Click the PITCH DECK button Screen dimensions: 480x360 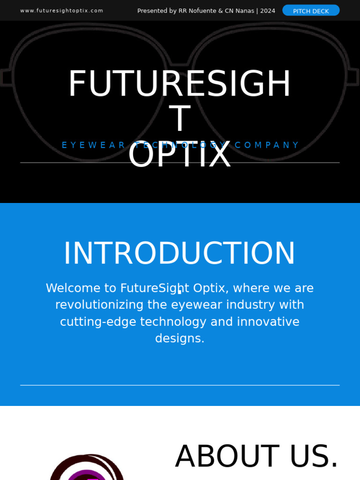point(311,11)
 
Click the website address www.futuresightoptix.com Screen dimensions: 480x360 point(61,11)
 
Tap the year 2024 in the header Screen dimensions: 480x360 point(268,11)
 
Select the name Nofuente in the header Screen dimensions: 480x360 point(202,11)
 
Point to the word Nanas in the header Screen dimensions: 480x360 point(244,11)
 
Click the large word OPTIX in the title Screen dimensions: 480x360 point(180,155)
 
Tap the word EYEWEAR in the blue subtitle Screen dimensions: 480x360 point(94,145)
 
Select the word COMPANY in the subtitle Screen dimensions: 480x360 point(267,145)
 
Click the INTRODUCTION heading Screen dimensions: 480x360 point(180,254)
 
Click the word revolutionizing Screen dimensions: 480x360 point(99,305)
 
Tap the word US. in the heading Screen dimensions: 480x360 point(314,456)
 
